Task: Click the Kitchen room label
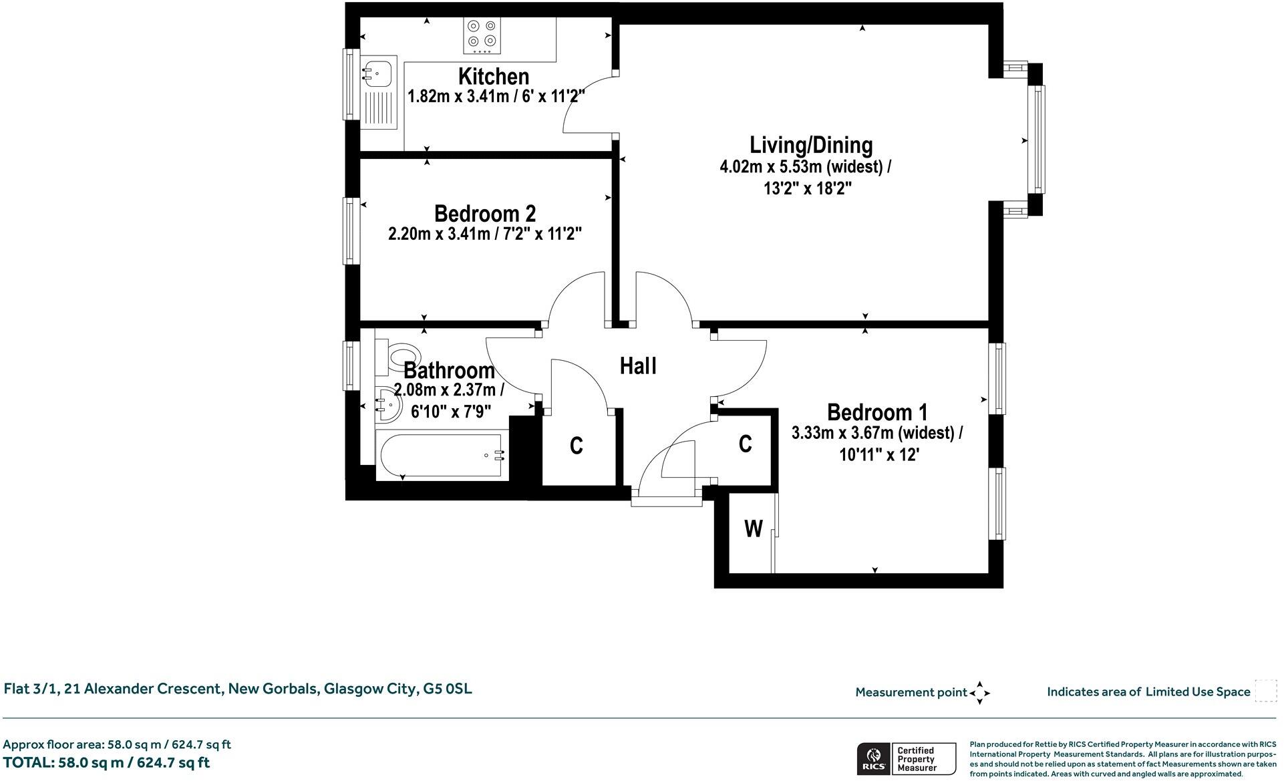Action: click(494, 76)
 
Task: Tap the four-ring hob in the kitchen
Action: click(482, 35)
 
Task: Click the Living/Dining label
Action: click(811, 145)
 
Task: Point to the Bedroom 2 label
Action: click(484, 214)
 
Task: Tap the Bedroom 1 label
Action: click(877, 412)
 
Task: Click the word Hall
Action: click(638, 366)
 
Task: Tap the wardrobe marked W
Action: click(753, 529)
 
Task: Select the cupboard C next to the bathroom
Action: click(577, 446)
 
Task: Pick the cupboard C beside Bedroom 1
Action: click(746, 444)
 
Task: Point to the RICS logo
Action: click(873, 759)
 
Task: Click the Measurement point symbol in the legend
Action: click(979, 693)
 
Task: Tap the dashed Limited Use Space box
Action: click(1265, 691)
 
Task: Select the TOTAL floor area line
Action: click(106, 762)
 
